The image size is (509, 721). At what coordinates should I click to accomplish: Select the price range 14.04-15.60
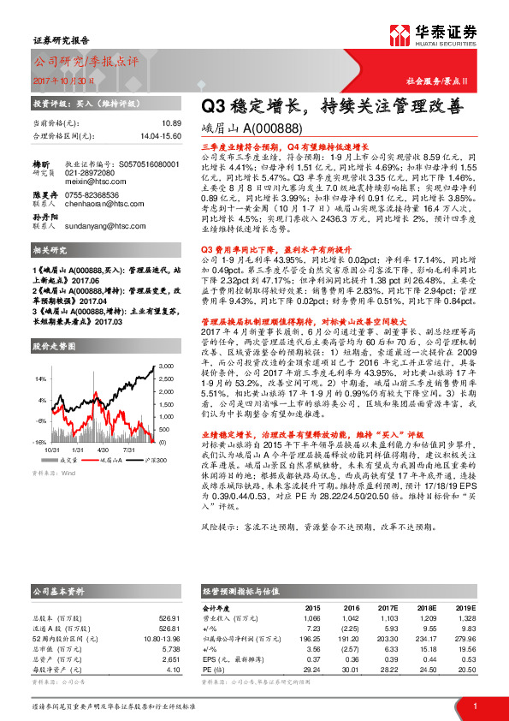tap(160, 135)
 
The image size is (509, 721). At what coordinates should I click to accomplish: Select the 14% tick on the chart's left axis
tap(41, 378)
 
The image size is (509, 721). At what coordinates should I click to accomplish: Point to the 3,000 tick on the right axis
tap(165, 365)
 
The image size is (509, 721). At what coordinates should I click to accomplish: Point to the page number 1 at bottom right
tap(475, 705)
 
